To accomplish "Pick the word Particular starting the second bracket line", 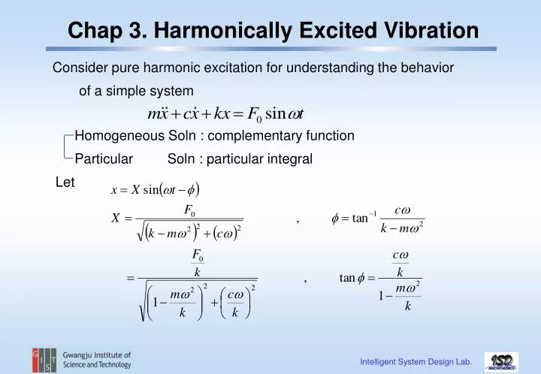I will tap(104, 158).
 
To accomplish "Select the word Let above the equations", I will tap(65, 182).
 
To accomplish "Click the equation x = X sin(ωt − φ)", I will tap(155, 189).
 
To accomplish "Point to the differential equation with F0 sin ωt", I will tap(225, 114).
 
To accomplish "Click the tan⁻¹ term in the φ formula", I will tap(361, 219).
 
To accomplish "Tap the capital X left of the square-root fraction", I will tap(116, 219).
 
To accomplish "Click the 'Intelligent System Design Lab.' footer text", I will tap(416, 362).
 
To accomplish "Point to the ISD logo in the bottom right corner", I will tap(500, 361).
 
